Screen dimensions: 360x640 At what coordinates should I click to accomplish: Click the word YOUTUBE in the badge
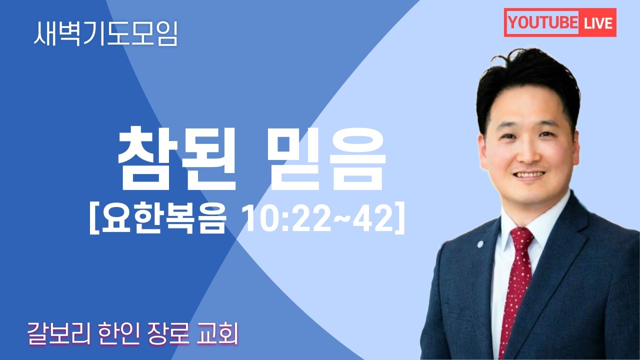[x=542, y=23]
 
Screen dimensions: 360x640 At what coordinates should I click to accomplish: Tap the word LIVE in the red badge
[x=597, y=23]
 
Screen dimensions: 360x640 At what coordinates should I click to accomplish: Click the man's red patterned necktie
[x=515, y=290]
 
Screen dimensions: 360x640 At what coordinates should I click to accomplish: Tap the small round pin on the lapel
[x=480, y=245]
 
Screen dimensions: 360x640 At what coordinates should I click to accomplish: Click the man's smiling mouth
[x=529, y=174]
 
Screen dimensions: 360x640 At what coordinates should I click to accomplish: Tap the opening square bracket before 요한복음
[x=93, y=220]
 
